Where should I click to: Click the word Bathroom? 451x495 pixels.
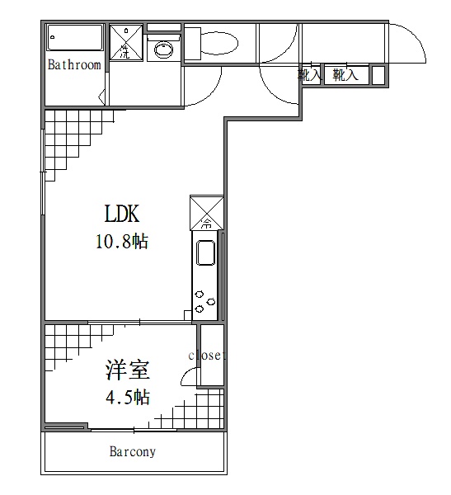74,64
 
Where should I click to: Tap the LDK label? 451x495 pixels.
121,214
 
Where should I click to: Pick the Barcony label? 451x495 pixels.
133,452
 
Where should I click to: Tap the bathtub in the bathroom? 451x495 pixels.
75,38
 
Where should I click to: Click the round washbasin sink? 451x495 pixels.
163,49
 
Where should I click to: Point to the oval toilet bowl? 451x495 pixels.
219,42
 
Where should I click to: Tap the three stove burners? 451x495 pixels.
200,301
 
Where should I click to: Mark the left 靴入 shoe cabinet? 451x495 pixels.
310,75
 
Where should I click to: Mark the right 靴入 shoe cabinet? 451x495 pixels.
346,75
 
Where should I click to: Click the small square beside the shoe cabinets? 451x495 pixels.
378,75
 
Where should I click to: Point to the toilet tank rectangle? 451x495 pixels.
192,42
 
